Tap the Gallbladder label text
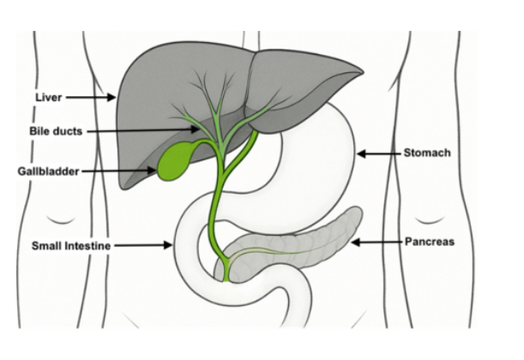pyautogui.click(x=46, y=171)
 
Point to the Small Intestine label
pyautogui.click(x=71, y=245)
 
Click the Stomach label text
pyautogui.click(x=426, y=153)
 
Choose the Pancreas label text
pyautogui.click(x=430, y=243)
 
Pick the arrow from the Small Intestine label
pyautogui.click(x=145, y=245)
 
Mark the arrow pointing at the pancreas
pyautogui.click(x=377, y=243)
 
